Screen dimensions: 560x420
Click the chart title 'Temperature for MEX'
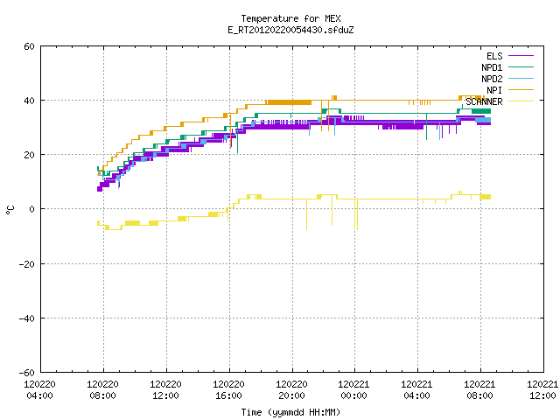point(290,18)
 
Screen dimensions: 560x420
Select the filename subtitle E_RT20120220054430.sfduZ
point(290,30)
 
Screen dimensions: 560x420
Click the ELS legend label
point(494,56)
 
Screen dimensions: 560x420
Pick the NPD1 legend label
point(492,67)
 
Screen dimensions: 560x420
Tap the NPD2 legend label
point(492,79)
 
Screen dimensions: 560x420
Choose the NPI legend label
point(494,90)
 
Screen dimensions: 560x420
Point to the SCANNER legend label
point(484,101)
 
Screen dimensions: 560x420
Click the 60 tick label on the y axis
point(29,46)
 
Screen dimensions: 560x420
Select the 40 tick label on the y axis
point(29,101)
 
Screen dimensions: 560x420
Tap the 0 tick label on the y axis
point(31,209)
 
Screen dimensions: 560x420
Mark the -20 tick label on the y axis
point(27,264)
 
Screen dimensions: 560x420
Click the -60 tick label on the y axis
point(27,373)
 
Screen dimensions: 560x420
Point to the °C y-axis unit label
point(10,210)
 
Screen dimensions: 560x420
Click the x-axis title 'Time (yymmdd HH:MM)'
point(290,412)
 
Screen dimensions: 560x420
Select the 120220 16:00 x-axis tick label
point(229,390)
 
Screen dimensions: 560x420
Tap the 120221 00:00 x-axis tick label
point(354,390)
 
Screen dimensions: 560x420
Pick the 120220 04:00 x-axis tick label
point(40,390)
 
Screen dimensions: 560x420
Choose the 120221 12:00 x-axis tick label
point(542,390)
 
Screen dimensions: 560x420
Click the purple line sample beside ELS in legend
point(521,56)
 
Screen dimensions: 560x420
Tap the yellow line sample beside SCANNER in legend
point(521,101)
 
